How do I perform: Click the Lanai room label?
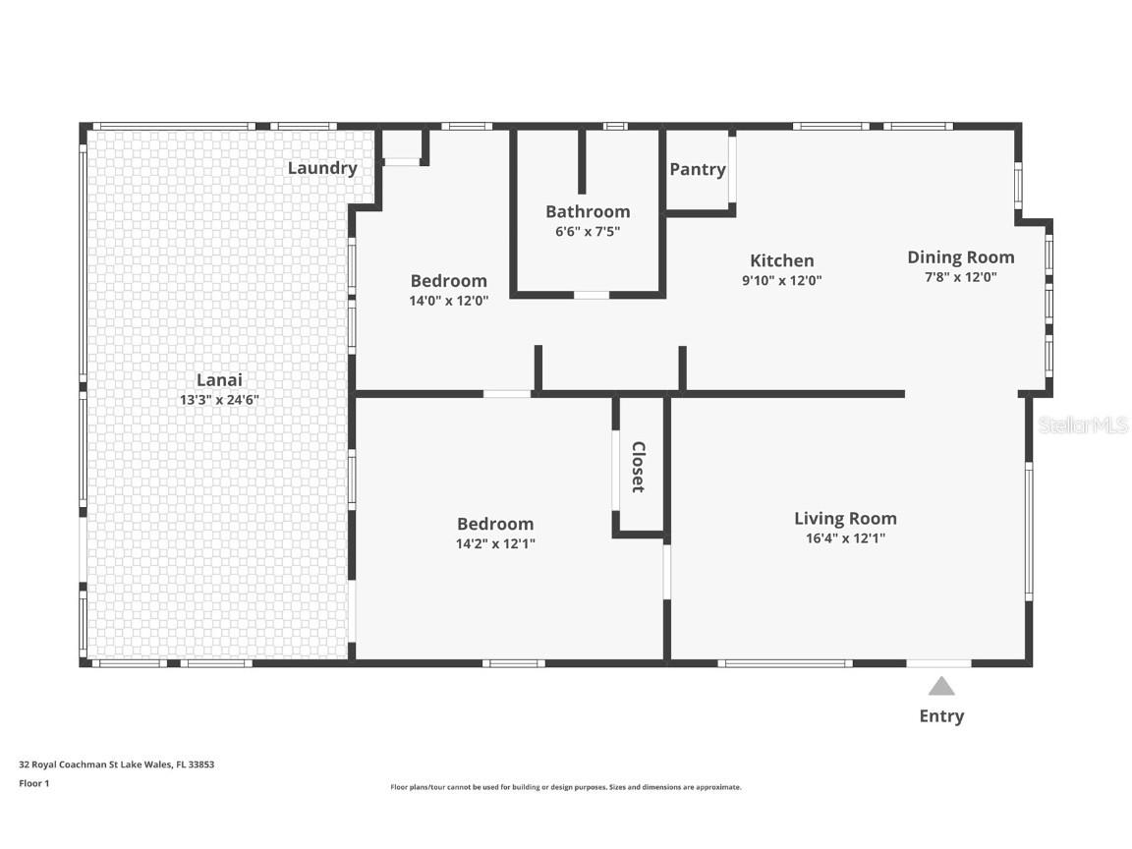pos(219,379)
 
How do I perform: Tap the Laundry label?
pos(322,168)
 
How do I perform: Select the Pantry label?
pos(698,169)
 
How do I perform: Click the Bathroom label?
pos(588,211)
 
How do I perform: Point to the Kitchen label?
pos(782,260)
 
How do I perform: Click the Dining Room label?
pos(961,257)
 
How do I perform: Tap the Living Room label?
pos(845,519)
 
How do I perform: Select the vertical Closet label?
pos(638,467)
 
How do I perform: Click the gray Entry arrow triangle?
pos(941,686)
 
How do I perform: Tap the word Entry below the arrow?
pos(941,716)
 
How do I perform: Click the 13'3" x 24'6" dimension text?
pos(219,400)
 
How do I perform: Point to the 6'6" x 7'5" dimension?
pos(588,232)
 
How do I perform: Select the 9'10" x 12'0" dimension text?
pos(782,281)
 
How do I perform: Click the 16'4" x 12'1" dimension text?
pos(845,538)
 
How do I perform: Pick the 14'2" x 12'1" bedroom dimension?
pos(495,543)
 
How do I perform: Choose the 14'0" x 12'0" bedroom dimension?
pos(449,301)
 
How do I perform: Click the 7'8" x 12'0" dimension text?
pos(961,277)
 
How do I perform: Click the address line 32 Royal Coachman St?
pos(116,764)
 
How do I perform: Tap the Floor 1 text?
pos(34,783)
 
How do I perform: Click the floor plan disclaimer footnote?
pos(566,788)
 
